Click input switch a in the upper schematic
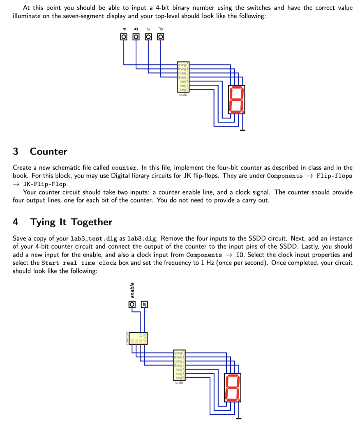click(x=123, y=37)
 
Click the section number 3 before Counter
click(x=16, y=151)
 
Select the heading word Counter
click(x=48, y=151)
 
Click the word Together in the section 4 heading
click(x=91, y=222)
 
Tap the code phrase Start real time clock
click(x=79, y=263)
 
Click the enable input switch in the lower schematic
click(x=132, y=304)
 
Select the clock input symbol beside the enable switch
click(x=144, y=304)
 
